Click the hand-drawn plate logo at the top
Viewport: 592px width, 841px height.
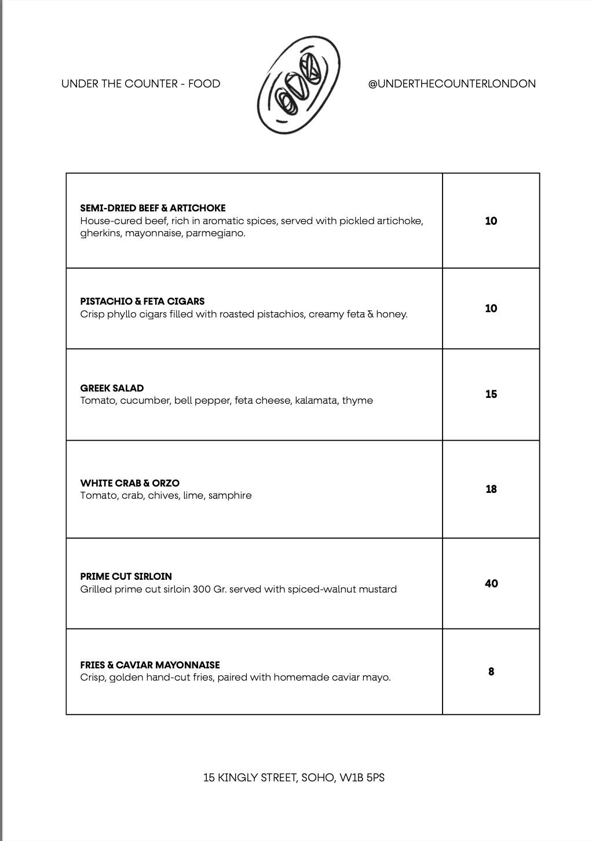(x=298, y=84)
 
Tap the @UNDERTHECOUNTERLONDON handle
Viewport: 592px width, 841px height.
(x=451, y=84)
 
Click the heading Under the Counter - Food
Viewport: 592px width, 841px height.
(x=141, y=84)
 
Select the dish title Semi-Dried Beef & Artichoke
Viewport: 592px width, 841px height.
(x=152, y=208)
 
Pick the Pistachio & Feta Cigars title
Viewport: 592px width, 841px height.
(x=142, y=301)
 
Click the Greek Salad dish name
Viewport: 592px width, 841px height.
(x=112, y=388)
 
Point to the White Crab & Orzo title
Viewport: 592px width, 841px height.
(x=130, y=483)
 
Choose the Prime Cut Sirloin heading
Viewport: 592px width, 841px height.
(x=126, y=576)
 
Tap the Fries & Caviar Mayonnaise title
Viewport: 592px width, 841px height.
(x=149, y=665)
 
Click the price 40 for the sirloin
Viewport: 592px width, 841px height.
(x=491, y=583)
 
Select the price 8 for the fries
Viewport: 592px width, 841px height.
(x=491, y=672)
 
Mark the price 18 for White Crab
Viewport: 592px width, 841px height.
(x=491, y=489)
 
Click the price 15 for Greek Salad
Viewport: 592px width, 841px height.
(x=491, y=394)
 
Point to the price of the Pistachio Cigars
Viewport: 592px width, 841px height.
(x=491, y=309)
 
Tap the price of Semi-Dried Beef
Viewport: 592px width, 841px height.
(x=491, y=221)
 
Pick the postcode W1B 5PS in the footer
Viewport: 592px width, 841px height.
(x=362, y=778)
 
